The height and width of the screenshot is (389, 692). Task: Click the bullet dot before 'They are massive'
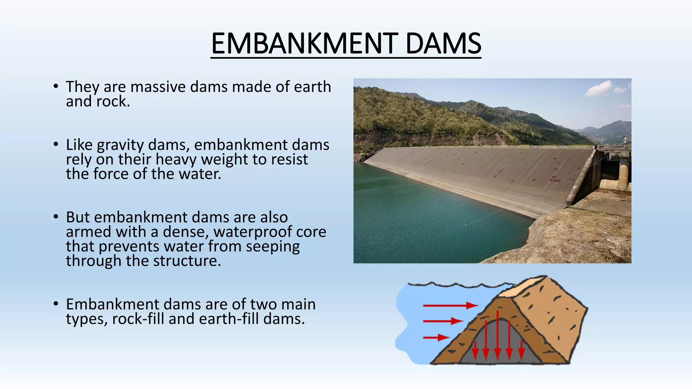point(56,86)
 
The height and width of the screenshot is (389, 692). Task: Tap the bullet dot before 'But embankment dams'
point(56,216)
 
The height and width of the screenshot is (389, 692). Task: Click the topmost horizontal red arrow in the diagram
point(449,305)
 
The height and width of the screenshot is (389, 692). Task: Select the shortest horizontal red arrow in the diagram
point(436,337)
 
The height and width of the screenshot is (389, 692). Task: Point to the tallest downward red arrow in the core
point(497,334)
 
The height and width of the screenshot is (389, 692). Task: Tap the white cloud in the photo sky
point(600,88)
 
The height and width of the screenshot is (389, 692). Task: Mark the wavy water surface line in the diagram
point(456,285)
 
